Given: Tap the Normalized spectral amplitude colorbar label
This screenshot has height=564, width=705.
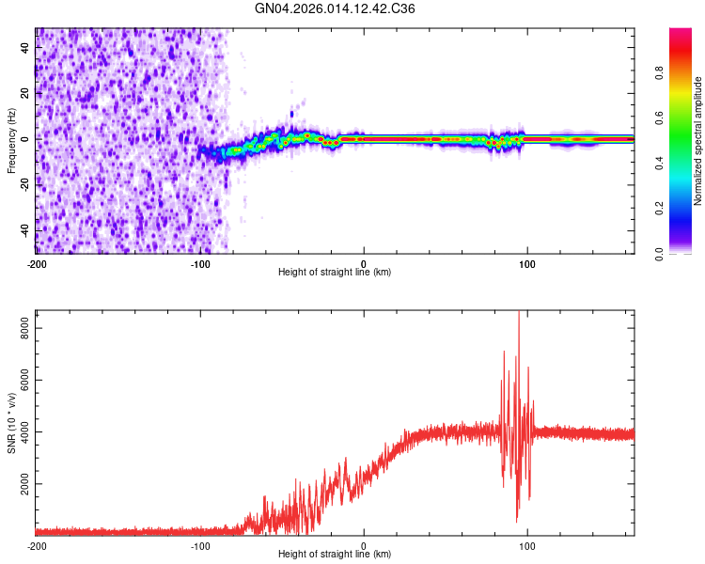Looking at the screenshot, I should pyautogui.click(x=698, y=141).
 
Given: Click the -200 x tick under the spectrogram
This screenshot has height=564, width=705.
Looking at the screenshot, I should pyautogui.click(x=37, y=264).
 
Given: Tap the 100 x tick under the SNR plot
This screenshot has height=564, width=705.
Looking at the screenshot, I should pyautogui.click(x=527, y=546).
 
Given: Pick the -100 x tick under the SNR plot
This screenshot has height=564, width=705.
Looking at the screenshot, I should pyautogui.click(x=200, y=546).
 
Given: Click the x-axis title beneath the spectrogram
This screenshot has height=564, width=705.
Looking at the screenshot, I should pyautogui.click(x=335, y=273).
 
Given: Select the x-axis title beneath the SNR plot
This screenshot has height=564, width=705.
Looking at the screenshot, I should pyautogui.click(x=335, y=555).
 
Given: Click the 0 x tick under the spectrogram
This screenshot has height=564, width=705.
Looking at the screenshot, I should pyautogui.click(x=364, y=264).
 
